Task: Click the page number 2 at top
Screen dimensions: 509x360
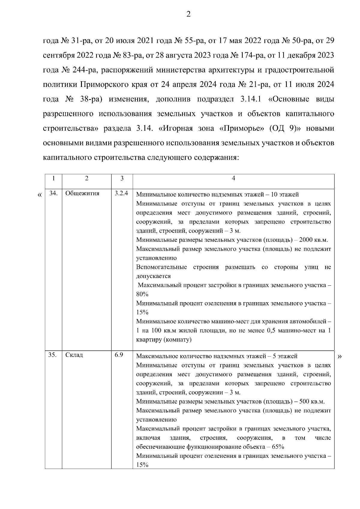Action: tap(188, 14)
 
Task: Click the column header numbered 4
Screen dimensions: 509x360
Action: tap(233, 178)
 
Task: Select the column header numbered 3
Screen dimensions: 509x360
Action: tap(122, 178)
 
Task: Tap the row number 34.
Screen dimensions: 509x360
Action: tap(53, 193)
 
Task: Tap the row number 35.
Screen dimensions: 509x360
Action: tap(53, 355)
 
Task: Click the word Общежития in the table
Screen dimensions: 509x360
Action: tap(82, 193)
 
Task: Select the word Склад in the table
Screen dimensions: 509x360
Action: tap(74, 355)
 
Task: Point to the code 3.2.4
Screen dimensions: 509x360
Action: tap(121, 193)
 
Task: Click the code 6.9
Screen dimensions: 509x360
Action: tap(118, 355)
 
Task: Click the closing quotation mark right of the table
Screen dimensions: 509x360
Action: tap(340, 356)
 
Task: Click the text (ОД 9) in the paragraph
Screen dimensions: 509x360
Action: tap(282, 129)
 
